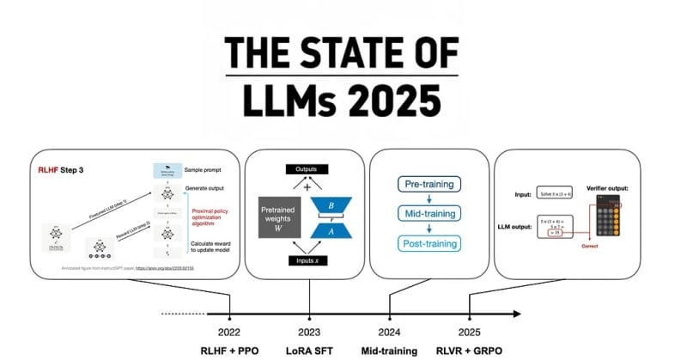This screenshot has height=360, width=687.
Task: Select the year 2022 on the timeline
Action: point(229,332)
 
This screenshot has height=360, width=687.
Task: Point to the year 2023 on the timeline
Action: point(309,332)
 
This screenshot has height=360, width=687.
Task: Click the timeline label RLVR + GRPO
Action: point(470,351)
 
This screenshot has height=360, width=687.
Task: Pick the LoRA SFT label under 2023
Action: point(309,351)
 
